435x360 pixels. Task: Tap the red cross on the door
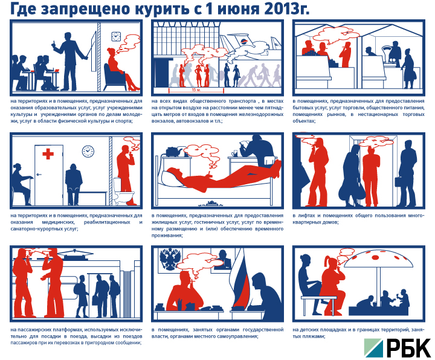coord(48,153)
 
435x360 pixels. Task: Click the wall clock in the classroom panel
coord(116,36)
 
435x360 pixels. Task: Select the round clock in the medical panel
coord(88,151)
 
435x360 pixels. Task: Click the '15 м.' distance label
coord(196,90)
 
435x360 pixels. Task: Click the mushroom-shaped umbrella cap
coord(379,257)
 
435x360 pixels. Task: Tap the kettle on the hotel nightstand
coord(174,152)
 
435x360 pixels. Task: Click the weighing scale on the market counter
coord(388,56)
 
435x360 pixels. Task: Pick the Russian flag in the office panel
coord(240,277)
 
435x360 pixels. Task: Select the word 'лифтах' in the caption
coord(306,216)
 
